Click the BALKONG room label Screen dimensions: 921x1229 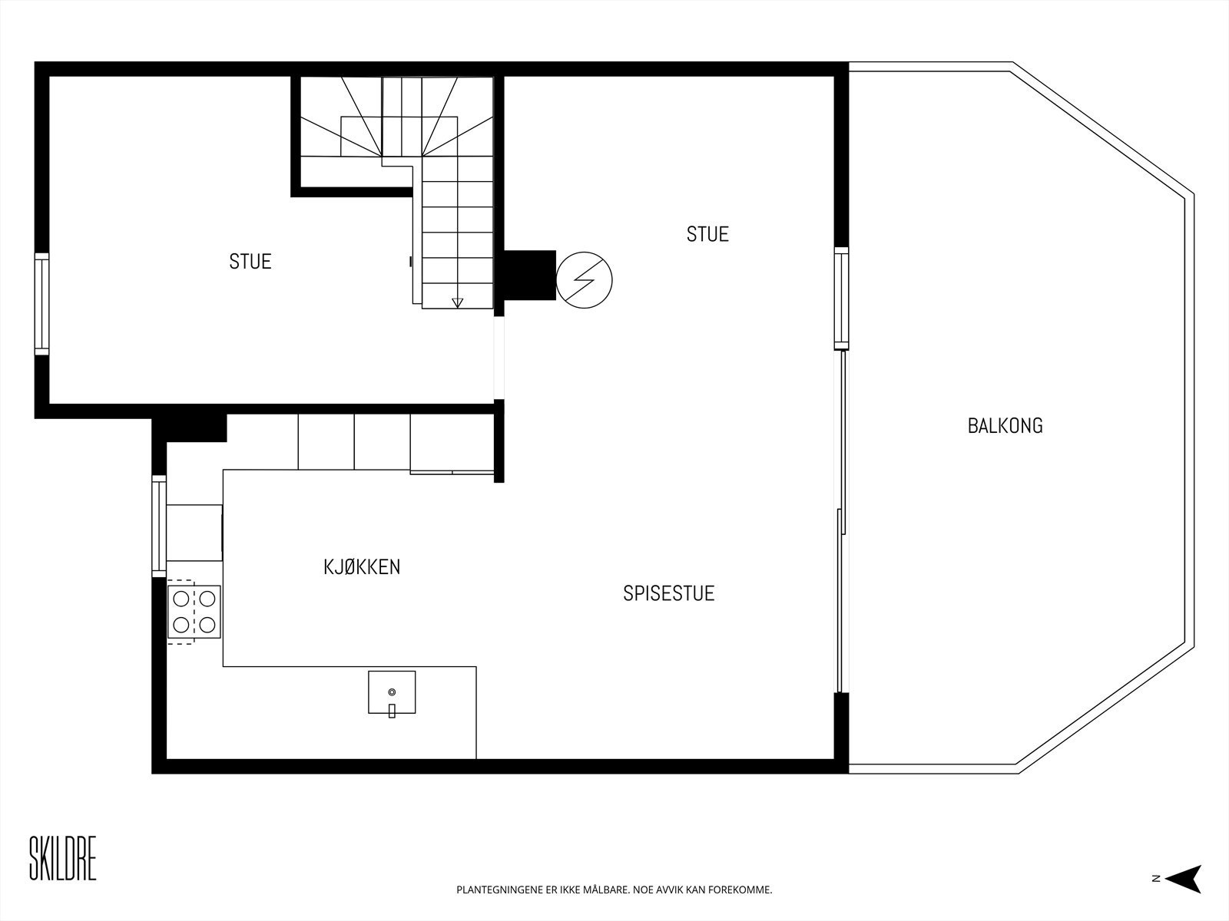[1005, 426]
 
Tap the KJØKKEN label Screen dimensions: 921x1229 [362, 567]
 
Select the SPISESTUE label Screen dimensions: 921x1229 [668, 593]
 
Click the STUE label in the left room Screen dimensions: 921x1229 [250, 262]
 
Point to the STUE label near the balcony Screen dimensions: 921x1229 [707, 234]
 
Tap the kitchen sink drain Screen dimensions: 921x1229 [392, 692]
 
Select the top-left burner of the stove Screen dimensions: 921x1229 [182, 598]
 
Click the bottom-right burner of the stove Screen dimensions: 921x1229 [207, 624]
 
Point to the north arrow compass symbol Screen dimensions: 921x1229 [1187, 879]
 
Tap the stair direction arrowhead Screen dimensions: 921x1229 [458, 302]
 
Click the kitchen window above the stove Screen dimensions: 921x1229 [159, 526]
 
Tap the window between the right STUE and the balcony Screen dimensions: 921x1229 [842, 298]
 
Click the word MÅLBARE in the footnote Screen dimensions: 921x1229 [603, 890]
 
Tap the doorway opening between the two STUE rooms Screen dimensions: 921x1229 [499, 358]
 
